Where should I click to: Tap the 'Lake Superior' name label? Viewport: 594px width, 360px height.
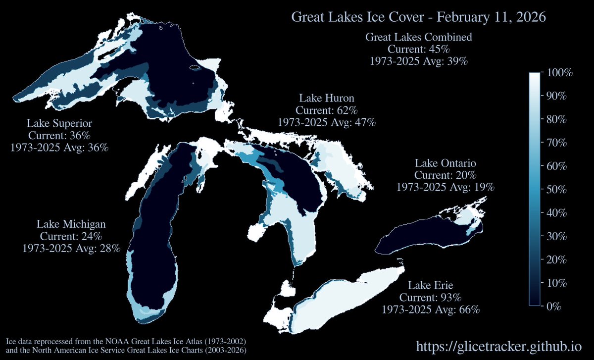coord(59,123)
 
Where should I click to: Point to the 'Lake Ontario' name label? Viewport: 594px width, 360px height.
coord(445,163)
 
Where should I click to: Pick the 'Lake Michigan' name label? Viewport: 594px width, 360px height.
coord(71,224)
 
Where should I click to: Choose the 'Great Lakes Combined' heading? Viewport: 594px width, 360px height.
coord(418,37)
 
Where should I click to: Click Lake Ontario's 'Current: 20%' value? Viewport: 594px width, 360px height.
coord(445,175)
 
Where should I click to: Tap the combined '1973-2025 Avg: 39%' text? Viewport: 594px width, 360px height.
coord(418,61)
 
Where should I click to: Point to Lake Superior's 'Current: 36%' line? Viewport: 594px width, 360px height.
coord(59,135)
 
